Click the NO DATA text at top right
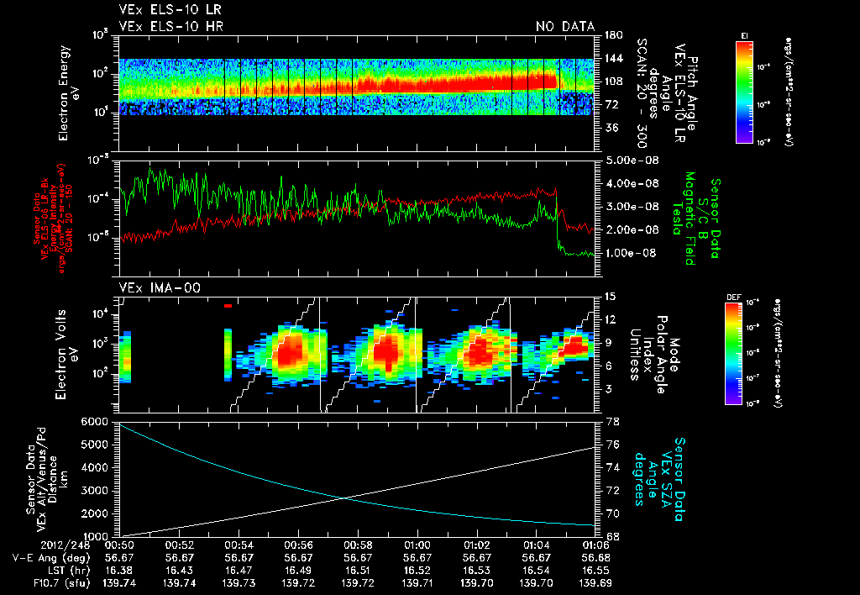coord(564,27)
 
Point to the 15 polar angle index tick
coord(610,296)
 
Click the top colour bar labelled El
coord(744,89)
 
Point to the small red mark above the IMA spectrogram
coord(228,307)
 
